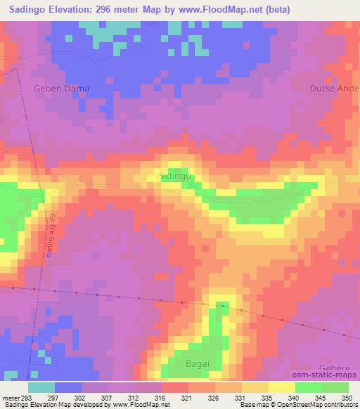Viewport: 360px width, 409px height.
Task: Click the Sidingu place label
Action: tap(175, 178)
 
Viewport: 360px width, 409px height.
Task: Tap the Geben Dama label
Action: tap(59, 89)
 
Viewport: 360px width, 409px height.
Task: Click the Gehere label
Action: tap(340, 368)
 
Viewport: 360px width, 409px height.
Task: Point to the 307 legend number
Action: tap(106, 397)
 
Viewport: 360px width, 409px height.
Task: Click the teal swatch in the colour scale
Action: tap(41, 387)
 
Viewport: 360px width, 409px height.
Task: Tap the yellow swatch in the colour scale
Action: tap(281, 387)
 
